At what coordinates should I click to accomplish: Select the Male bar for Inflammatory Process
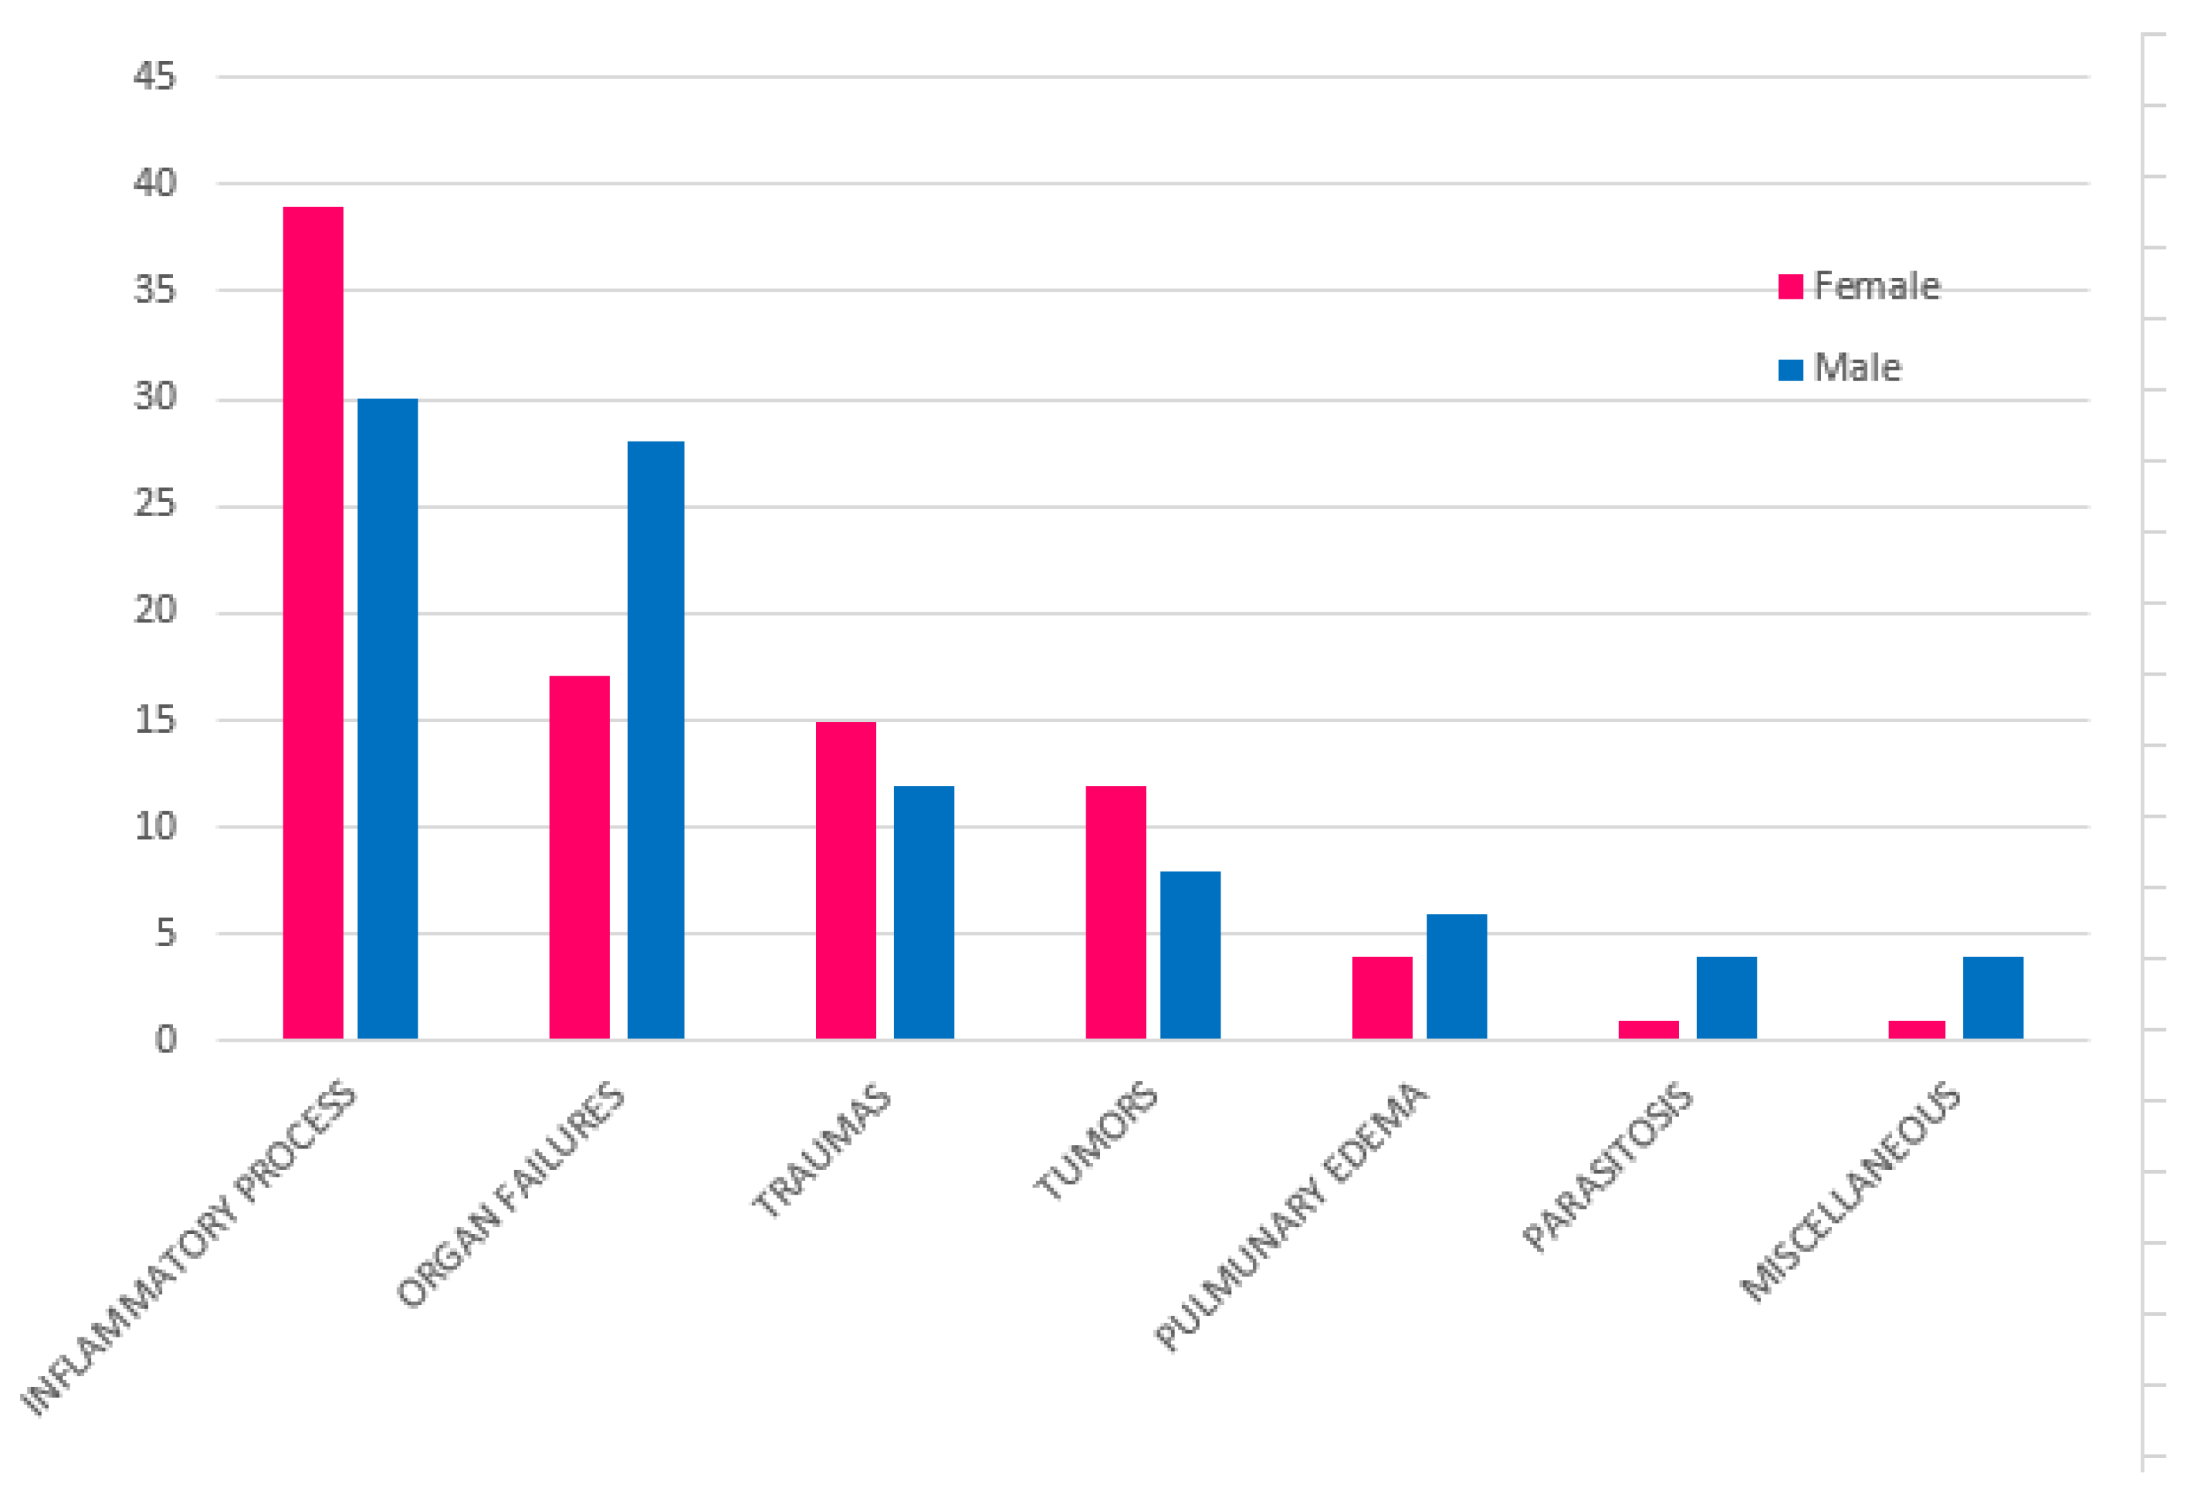pyautogui.click(x=387, y=718)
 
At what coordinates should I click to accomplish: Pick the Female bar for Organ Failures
pyautogui.click(x=579, y=857)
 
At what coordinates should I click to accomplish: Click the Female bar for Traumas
pyautogui.click(x=845, y=879)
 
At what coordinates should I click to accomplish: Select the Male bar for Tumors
pyautogui.click(x=1190, y=954)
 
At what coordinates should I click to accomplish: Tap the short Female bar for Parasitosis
pyautogui.click(x=1648, y=1029)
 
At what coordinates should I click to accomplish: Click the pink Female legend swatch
pyautogui.click(x=1790, y=286)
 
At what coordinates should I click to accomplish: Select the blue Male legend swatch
pyautogui.click(x=1790, y=370)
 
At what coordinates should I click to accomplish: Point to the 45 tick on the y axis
pyautogui.click(x=155, y=77)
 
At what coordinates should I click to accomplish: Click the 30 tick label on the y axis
pyautogui.click(x=155, y=397)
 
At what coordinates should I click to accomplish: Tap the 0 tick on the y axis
pyautogui.click(x=165, y=1039)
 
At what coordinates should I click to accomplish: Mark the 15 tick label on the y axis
pyautogui.click(x=155, y=720)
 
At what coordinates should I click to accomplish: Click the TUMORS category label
pyautogui.click(x=1096, y=1141)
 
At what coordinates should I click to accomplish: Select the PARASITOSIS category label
pyautogui.click(x=1607, y=1168)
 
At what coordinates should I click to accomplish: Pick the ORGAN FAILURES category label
pyautogui.click(x=510, y=1195)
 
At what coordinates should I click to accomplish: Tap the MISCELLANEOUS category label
pyautogui.click(x=1851, y=1192)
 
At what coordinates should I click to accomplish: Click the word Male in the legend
pyautogui.click(x=1857, y=368)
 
